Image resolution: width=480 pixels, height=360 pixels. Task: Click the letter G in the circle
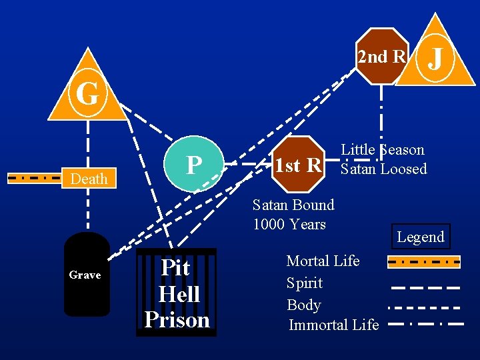[x=87, y=95]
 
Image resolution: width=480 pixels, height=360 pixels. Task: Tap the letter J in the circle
[x=437, y=57]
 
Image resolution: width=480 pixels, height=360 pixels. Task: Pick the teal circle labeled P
[x=194, y=165]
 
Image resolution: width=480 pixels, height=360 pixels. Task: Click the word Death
[x=89, y=179]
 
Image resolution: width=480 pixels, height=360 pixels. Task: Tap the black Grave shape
[x=86, y=274]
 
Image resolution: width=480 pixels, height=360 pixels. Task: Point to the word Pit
[x=176, y=268]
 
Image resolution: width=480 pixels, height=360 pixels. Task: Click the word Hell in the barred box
[x=179, y=294]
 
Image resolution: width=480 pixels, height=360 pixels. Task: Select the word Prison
[x=177, y=320]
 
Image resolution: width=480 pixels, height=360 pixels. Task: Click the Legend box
[x=420, y=237]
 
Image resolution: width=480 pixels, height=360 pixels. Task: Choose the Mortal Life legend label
[x=323, y=261]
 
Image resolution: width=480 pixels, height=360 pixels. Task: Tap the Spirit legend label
[x=304, y=283]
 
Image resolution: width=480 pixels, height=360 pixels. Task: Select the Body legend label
[x=303, y=305]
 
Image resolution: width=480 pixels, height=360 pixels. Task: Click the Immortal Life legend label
[x=333, y=325]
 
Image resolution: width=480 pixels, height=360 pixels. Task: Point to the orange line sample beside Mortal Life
[x=424, y=261]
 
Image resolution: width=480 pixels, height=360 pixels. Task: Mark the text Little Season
[x=383, y=150]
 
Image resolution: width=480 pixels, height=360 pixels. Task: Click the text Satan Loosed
[x=383, y=169]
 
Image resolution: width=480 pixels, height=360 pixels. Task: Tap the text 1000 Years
[x=289, y=223]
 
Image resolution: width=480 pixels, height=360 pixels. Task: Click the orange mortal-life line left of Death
[x=35, y=178]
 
